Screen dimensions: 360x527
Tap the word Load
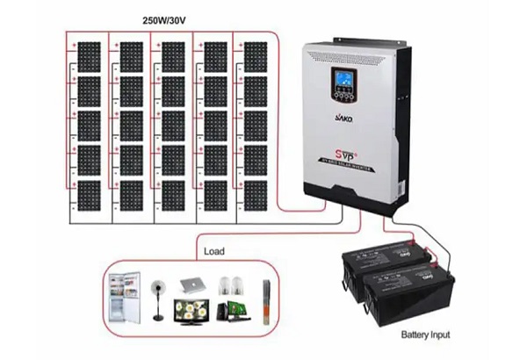tap(213, 251)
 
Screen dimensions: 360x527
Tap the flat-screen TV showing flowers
tap(191, 309)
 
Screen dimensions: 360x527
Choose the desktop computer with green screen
tap(235, 309)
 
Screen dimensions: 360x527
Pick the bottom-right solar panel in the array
tap(256, 194)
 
